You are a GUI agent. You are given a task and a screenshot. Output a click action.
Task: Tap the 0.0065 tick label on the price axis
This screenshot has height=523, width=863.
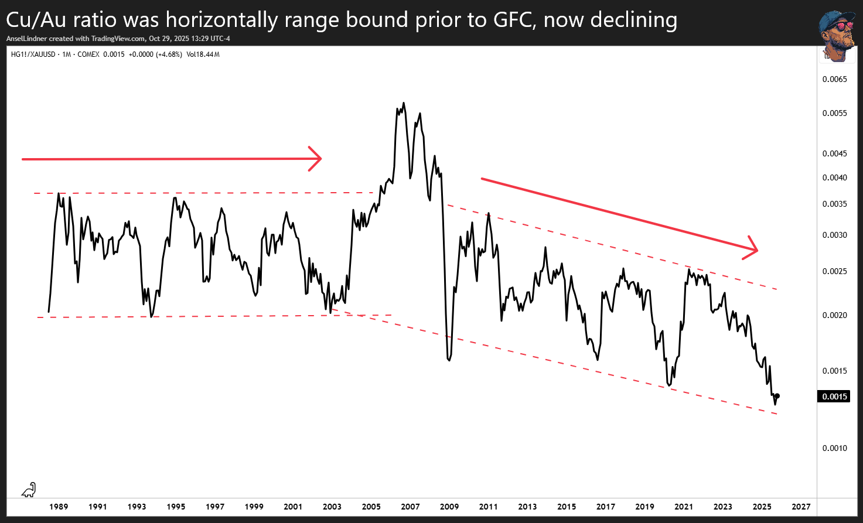pyautogui.click(x=834, y=79)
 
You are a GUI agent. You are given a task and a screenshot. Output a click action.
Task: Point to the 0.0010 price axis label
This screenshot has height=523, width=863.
pyautogui.click(x=834, y=448)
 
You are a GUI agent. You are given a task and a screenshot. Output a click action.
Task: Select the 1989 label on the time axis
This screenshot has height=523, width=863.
pyautogui.click(x=59, y=507)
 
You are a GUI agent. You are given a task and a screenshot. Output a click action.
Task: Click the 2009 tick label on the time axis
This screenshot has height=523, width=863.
pyautogui.click(x=449, y=507)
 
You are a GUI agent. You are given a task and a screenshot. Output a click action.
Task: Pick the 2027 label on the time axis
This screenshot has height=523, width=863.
pyautogui.click(x=801, y=507)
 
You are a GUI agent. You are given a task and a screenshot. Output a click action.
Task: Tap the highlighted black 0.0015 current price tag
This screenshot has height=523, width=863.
pyautogui.click(x=834, y=396)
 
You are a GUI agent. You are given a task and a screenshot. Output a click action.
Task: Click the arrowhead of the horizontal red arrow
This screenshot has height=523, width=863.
pyautogui.click(x=317, y=159)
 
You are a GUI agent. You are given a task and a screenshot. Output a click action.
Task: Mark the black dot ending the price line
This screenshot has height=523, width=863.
pyautogui.click(x=777, y=396)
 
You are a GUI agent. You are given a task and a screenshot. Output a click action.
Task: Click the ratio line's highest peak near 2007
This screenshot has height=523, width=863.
pyautogui.click(x=404, y=103)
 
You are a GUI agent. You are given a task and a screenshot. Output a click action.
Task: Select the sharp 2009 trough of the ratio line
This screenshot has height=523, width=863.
pyautogui.click(x=449, y=360)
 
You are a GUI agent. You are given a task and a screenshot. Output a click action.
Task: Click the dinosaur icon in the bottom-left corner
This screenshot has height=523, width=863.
pyautogui.click(x=29, y=490)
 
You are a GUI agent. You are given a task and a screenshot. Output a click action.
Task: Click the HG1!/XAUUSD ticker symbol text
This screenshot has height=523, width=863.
pyautogui.click(x=33, y=54)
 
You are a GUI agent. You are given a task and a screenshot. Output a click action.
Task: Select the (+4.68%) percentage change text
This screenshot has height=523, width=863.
pyautogui.click(x=169, y=54)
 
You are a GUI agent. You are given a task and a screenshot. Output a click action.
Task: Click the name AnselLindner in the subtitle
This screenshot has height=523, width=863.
pyautogui.click(x=27, y=39)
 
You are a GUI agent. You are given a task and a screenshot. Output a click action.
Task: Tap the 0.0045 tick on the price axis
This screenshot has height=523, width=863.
pyautogui.click(x=834, y=153)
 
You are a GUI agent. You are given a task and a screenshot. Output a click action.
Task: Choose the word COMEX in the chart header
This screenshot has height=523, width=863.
pyautogui.click(x=88, y=54)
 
